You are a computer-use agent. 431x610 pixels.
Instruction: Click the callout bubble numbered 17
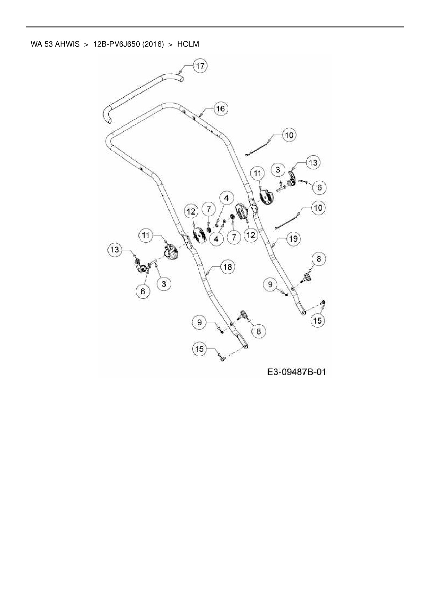click(201, 66)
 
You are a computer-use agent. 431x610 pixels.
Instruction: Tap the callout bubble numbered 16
click(221, 109)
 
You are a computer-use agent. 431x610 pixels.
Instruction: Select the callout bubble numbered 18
click(227, 267)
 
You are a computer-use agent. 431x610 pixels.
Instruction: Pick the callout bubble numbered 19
click(293, 239)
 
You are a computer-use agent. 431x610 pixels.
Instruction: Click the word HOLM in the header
click(188, 44)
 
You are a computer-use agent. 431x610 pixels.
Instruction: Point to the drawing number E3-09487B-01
click(296, 372)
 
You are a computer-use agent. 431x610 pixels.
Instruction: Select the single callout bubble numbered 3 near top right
click(278, 170)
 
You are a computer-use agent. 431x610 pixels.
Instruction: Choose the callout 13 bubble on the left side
click(114, 249)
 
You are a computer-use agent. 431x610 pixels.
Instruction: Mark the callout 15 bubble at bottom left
click(200, 349)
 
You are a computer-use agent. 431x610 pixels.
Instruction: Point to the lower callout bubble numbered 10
click(318, 208)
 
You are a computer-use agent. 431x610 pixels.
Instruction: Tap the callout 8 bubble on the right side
click(319, 259)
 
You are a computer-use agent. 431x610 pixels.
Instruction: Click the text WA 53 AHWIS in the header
click(55, 44)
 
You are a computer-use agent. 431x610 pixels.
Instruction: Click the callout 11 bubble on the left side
click(146, 235)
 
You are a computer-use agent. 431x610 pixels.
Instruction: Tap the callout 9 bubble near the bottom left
click(199, 322)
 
